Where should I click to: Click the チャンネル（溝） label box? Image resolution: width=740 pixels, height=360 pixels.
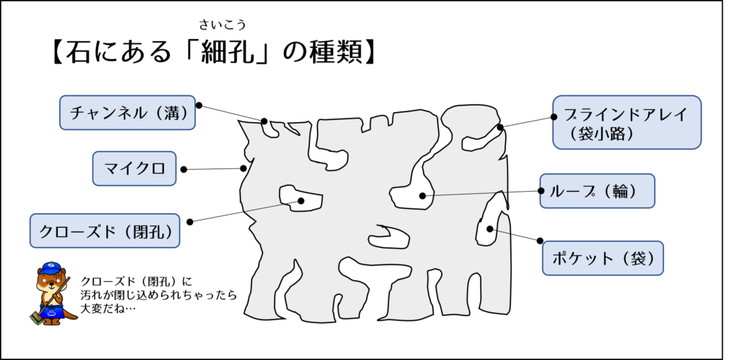[127, 112]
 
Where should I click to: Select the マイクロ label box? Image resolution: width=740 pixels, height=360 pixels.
[134, 168]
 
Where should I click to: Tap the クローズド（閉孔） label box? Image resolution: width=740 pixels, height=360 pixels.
[105, 231]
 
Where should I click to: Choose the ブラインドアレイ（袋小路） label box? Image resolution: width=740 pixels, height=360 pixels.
[627, 123]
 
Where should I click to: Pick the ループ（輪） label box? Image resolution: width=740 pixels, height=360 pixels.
[598, 191]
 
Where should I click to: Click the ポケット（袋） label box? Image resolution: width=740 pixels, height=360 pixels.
[603, 258]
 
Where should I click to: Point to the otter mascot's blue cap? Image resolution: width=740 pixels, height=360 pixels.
[51, 268]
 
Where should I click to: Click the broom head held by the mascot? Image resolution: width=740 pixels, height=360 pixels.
[36, 319]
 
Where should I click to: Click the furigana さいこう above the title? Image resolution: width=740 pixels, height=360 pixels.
[223, 24]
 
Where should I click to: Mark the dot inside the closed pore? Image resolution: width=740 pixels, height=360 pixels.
[301, 201]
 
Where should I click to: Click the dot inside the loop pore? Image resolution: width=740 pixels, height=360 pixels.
[422, 196]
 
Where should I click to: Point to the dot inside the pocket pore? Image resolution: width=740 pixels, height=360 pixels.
[490, 229]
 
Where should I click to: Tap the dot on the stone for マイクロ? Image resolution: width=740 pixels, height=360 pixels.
[244, 168]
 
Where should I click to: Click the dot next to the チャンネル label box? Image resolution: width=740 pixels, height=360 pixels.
[199, 106]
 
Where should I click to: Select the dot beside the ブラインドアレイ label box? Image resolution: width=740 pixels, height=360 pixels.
[554, 117]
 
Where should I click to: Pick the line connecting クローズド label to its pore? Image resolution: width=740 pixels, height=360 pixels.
[246, 211]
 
